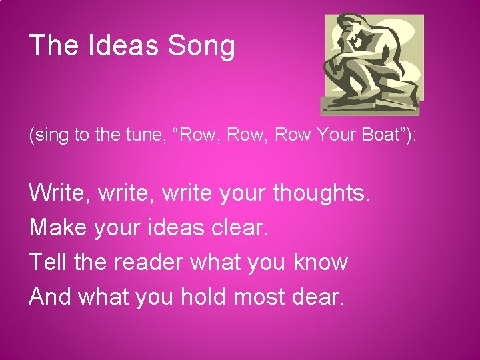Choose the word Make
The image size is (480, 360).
click(59, 228)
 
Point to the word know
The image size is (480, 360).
click(321, 262)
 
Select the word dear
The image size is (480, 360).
click(319, 296)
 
